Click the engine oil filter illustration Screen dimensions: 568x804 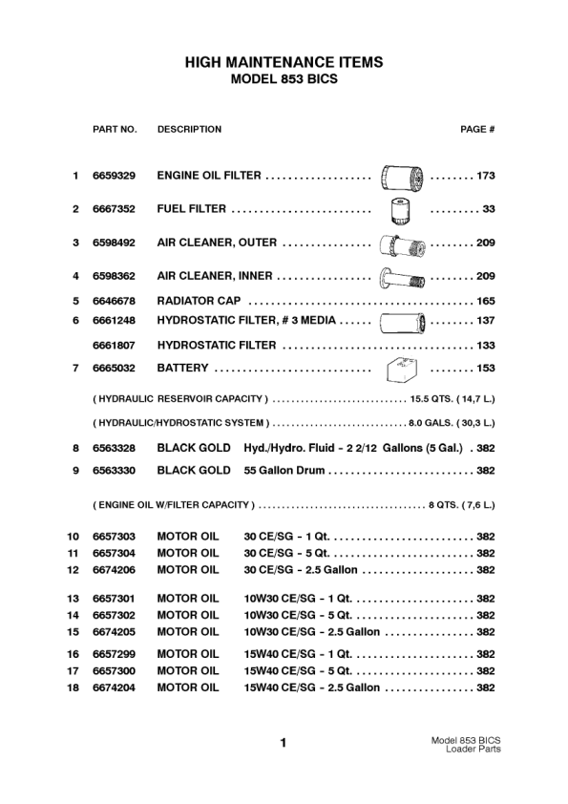tap(395, 177)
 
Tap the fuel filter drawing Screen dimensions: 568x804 tap(400, 209)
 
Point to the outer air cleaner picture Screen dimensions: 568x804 tap(401, 243)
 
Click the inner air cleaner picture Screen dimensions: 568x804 tap(401, 278)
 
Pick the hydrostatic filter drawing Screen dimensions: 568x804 tap(401, 321)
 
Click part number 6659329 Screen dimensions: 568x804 tap(114, 177)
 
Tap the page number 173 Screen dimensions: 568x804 tap(485, 177)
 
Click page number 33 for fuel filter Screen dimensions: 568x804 tap(488, 209)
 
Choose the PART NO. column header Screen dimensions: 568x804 tap(115, 129)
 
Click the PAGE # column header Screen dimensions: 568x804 tap(476, 129)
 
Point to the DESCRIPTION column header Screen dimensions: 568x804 tap(189, 129)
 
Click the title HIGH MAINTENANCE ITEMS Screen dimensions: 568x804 tap(284, 62)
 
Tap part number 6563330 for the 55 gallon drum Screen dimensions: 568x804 tap(114, 471)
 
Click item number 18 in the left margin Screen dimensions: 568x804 tap(73, 688)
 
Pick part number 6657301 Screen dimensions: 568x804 tap(114, 599)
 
